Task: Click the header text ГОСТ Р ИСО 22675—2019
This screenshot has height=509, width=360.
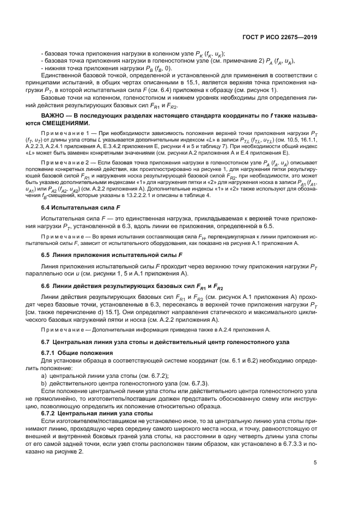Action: (x=283, y=38)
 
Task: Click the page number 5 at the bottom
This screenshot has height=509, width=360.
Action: (x=315, y=463)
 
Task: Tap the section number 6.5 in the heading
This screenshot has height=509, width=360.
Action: (x=47, y=255)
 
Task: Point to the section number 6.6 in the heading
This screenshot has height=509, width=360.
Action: (x=47, y=286)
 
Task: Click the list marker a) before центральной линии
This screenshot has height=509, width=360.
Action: (x=45, y=376)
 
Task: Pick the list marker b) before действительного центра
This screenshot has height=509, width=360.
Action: (x=45, y=383)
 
